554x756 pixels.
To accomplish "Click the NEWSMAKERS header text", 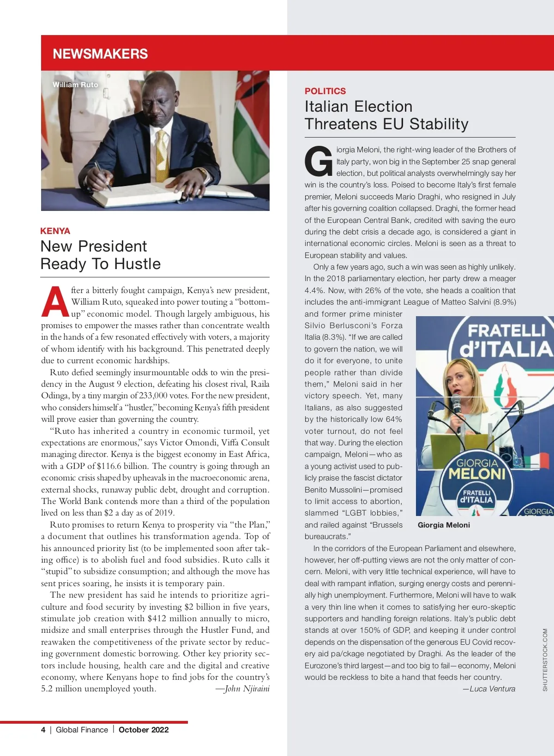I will pos(100,54).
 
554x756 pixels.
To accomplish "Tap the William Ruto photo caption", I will pos(75,85).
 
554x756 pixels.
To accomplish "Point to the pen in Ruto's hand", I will pos(102,176).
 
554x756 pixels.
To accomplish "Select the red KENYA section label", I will pos(55,231).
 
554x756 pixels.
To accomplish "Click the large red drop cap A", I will pos(55,302).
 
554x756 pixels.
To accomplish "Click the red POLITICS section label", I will pos(325,91).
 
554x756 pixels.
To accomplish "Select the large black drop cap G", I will pos(318,162).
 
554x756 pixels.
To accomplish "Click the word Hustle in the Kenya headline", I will pos(138,264).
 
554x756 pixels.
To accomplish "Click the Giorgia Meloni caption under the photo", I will pos(444,525).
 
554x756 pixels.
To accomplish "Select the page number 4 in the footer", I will pos(43,730).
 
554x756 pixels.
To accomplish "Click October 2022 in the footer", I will pos(144,730).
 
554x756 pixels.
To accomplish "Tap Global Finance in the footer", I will pos(82,730).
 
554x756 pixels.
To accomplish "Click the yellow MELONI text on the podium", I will pos(477,474).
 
